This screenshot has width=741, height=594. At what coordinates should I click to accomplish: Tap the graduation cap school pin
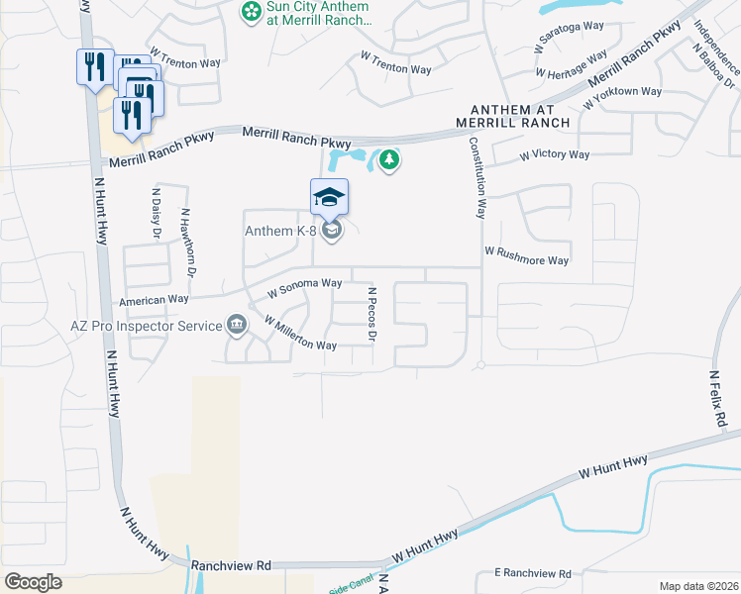click(330, 197)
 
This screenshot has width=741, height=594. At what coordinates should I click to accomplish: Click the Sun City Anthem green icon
click(252, 12)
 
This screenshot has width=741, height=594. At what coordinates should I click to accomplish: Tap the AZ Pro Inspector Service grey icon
click(236, 324)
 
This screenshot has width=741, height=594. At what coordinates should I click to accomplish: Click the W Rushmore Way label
click(526, 255)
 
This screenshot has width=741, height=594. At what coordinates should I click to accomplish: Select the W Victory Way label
click(555, 155)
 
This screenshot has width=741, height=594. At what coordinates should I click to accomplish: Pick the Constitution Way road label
click(478, 176)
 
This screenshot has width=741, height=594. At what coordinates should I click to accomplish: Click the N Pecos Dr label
click(372, 316)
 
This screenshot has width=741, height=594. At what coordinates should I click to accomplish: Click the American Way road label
click(154, 299)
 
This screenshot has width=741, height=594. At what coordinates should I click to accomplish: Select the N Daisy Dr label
click(157, 213)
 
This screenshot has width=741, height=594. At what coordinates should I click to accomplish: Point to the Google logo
click(33, 582)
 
